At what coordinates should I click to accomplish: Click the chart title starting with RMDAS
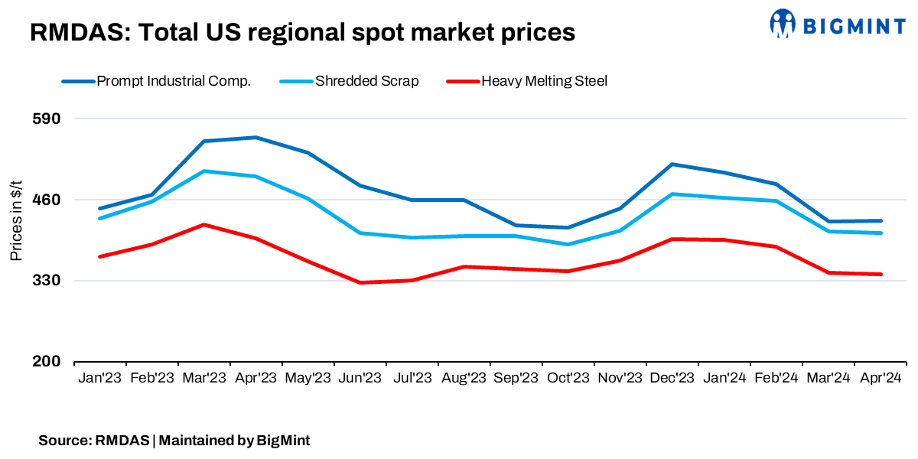(x=302, y=32)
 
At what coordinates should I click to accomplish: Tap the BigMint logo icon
(x=783, y=24)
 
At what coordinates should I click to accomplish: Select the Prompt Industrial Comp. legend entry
(x=174, y=81)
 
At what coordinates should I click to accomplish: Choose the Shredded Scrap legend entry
(x=366, y=81)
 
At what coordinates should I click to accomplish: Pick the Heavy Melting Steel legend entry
(x=544, y=81)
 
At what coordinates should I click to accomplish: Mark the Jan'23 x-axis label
(x=100, y=378)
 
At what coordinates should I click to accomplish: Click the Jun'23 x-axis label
(x=360, y=378)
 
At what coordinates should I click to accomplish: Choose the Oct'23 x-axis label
(x=568, y=378)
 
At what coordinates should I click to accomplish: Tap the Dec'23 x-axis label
(x=672, y=378)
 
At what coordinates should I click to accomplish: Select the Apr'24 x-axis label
(x=880, y=378)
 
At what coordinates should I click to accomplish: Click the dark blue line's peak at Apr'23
(x=256, y=138)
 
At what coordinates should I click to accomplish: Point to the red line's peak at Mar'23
(x=204, y=225)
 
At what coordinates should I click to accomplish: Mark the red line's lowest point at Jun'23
(x=360, y=282)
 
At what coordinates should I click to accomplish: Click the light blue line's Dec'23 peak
(x=672, y=194)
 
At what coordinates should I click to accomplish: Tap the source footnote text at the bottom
(x=174, y=441)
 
